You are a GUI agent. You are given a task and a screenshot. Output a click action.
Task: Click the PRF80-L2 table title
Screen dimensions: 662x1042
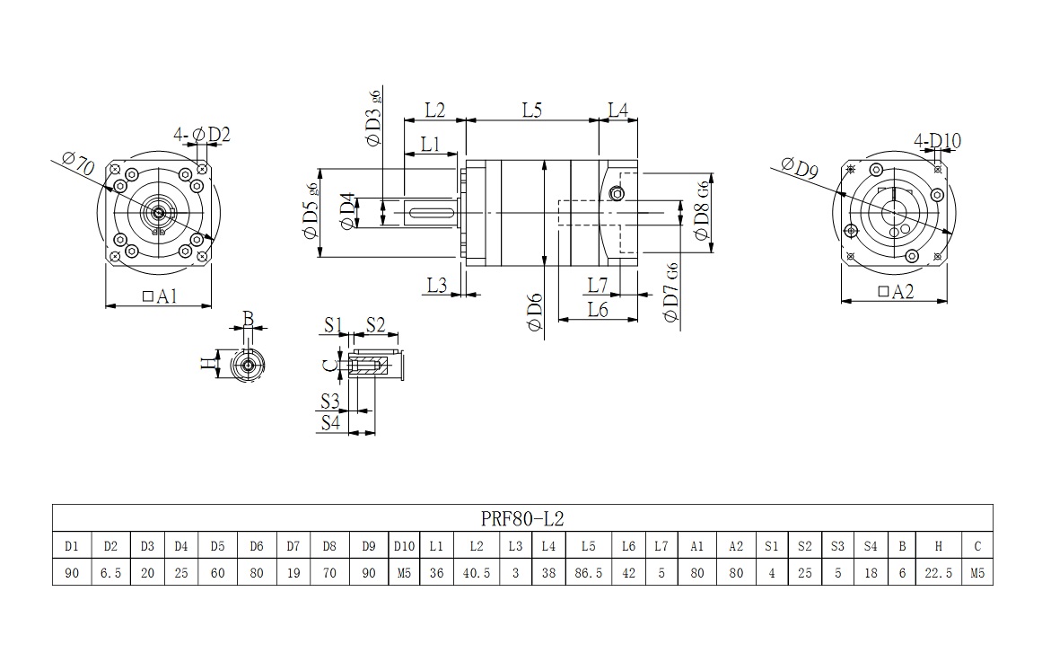pos(522,518)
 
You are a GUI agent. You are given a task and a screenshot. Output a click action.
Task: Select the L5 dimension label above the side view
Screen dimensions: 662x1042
pos(531,110)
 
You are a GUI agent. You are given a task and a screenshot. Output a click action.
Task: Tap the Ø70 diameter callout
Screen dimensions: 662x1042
pos(80,164)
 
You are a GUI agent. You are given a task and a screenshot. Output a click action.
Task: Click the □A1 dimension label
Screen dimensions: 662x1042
pos(159,296)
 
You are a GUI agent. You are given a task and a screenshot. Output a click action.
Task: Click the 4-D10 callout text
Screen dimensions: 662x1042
pos(937,140)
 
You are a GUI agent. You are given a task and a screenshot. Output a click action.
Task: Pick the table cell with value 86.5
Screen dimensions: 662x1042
pos(588,572)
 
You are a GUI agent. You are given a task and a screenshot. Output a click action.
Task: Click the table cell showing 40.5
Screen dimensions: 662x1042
pos(476,572)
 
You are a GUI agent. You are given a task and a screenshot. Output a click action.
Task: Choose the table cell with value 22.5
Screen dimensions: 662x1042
pos(938,572)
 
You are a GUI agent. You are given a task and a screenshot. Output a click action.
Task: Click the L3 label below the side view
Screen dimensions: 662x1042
pos(437,285)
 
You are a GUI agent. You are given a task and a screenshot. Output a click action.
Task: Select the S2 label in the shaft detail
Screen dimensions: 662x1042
pos(374,324)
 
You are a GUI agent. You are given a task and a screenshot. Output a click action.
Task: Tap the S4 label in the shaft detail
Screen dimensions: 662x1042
pos(330,422)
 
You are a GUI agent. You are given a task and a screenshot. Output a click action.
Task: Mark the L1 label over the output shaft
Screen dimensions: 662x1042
pos(430,143)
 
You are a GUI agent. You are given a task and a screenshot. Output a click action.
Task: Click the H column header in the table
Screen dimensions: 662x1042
pos(938,546)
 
